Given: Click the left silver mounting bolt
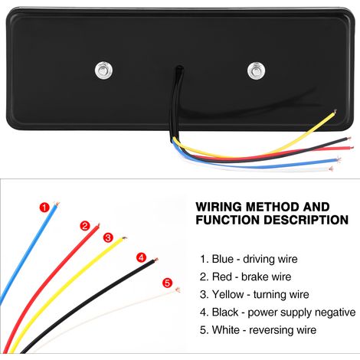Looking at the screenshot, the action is tap(103, 70).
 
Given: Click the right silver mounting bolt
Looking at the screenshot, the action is tap(256, 70).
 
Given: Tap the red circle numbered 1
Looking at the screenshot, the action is tap(44, 208).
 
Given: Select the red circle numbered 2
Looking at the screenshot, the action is tap(85, 226).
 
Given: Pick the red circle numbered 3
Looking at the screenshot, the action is tap(108, 237).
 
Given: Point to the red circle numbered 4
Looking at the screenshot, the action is tap(142, 257).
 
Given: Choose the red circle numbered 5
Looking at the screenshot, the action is tap(167, 283).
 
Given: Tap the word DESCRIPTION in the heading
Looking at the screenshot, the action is tap(306, 220).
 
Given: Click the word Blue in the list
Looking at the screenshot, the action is tap(223, 259).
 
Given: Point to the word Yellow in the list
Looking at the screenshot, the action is tap(227, 294).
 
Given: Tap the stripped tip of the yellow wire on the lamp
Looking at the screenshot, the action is tap(335, 112).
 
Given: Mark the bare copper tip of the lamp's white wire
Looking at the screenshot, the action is tap(331, 169).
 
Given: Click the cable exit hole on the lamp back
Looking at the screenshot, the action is tap(178, 69).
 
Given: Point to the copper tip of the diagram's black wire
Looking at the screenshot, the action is tap(155, 260).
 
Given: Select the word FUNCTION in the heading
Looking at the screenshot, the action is tap(227, 220).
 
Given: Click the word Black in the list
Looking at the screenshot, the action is tap(225, 313).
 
